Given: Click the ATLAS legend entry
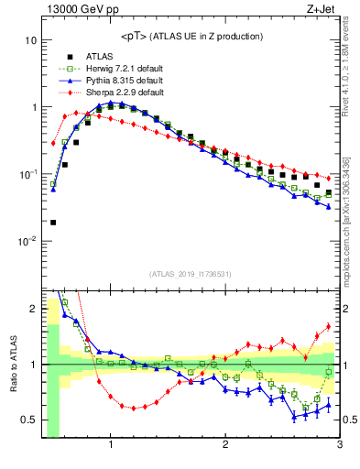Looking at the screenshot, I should coord(99,56).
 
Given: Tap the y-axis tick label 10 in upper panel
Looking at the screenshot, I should coord(30,40).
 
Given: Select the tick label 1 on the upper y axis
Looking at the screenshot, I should coord(33,107).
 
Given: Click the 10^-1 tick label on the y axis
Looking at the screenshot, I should coord(27,173).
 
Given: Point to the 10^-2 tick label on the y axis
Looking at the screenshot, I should coord(27,240).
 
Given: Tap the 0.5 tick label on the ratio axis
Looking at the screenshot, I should coord(28,420).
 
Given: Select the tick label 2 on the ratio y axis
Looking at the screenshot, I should coord(33,309).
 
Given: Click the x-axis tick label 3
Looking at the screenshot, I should coord(339,446).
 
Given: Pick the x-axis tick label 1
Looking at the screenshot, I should coord(111,446).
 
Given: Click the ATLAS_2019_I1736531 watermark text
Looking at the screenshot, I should coord(190,273).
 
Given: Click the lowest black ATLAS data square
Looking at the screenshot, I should coord(53,222).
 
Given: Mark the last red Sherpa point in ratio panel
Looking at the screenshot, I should coord(329,327).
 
